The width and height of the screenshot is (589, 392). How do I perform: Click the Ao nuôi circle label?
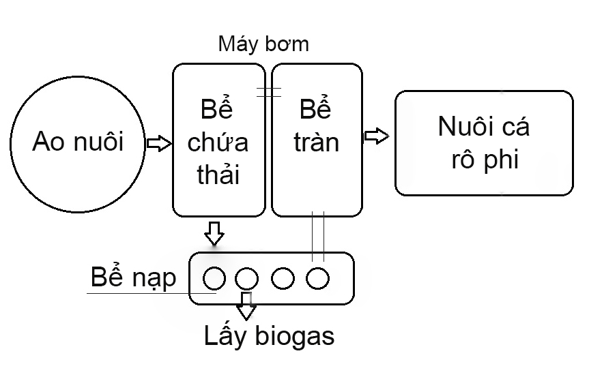pyautogui.click(x=78, y=142)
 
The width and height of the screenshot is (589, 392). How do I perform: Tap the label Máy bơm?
pyautogui.click(x=263, y=44)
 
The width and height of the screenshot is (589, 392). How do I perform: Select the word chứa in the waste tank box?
pyautogui.click(x=218, y=143)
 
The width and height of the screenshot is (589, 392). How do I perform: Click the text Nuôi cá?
pyautogui.click(x=483, y=127)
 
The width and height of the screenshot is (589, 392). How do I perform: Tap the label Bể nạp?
pyautogui.click(x=133, y=277)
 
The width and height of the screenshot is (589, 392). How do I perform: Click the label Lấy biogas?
pyautogui.click(x=270, y=336)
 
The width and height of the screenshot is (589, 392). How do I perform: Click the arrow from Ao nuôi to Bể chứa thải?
pyautogui.click(x=158, y=144)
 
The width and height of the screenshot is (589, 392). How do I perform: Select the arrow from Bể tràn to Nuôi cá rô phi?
pyautogui.click(x=376, y=136)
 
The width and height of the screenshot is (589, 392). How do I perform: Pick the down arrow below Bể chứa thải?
pyautogui.click(x=215, y=232)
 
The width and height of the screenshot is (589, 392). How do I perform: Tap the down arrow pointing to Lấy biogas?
pyautogui.click(x=246, y=307)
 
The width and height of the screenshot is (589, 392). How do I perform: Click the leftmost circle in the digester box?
pyautogui.click(x=214, y=277)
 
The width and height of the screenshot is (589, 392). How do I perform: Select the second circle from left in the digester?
pyautogui.click(x=246, y=277)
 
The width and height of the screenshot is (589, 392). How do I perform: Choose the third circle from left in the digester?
pyautogui.click(x=283, y=277)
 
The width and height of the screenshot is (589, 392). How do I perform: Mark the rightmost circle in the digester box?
pyautogui.click(x=317, y=277)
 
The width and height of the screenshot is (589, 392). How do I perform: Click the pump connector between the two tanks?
pyautogui.click(x=269, y=93)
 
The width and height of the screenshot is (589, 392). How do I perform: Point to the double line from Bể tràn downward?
pyautogui.click(x=317, y=236)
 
